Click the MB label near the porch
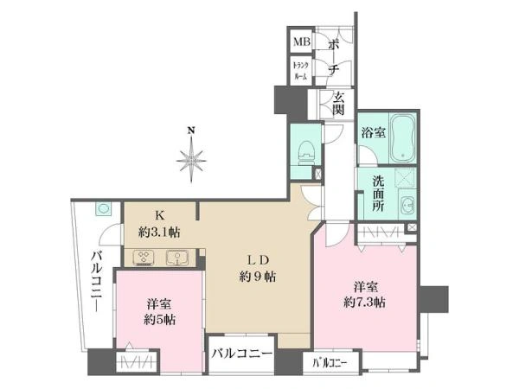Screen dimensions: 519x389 302,41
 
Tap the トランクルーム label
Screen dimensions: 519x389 301,71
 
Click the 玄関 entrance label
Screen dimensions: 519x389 338,104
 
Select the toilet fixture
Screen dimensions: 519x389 306,151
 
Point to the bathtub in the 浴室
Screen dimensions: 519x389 402,137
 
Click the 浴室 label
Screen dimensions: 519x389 373,132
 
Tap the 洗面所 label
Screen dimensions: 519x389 378,194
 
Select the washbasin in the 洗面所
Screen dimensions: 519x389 407,206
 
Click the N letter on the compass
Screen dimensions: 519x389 190,131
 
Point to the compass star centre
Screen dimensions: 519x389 191,161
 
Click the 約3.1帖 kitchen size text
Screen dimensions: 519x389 159,233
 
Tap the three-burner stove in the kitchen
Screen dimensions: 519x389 144,258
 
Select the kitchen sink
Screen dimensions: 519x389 176,258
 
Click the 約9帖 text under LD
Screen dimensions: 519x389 258,277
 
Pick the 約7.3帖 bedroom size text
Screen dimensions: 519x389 364,302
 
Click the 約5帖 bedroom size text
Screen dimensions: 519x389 159,320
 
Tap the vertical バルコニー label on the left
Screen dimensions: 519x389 97,281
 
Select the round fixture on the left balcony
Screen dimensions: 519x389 104,209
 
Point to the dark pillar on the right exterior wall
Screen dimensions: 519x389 434,299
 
